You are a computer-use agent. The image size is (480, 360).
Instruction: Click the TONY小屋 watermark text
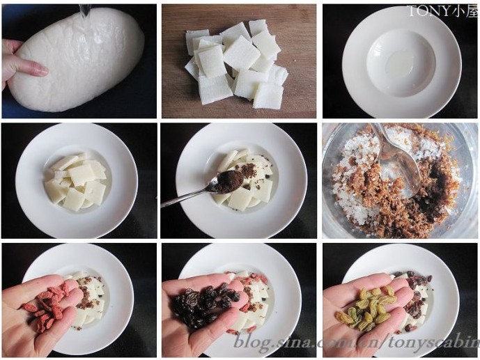tap(443, 11)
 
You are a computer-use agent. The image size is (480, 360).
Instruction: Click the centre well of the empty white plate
tap(401, 63)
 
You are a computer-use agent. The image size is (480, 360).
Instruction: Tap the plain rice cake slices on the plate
tap(77, 180)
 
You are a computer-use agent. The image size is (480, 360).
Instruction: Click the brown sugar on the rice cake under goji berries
tap(87, 294)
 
